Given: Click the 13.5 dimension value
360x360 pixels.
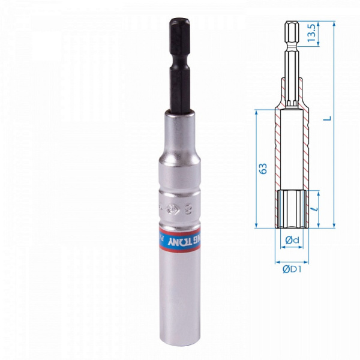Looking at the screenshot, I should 311,35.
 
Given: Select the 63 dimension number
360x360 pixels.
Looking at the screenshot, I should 262,169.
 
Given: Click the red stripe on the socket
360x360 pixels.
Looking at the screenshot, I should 180,235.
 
